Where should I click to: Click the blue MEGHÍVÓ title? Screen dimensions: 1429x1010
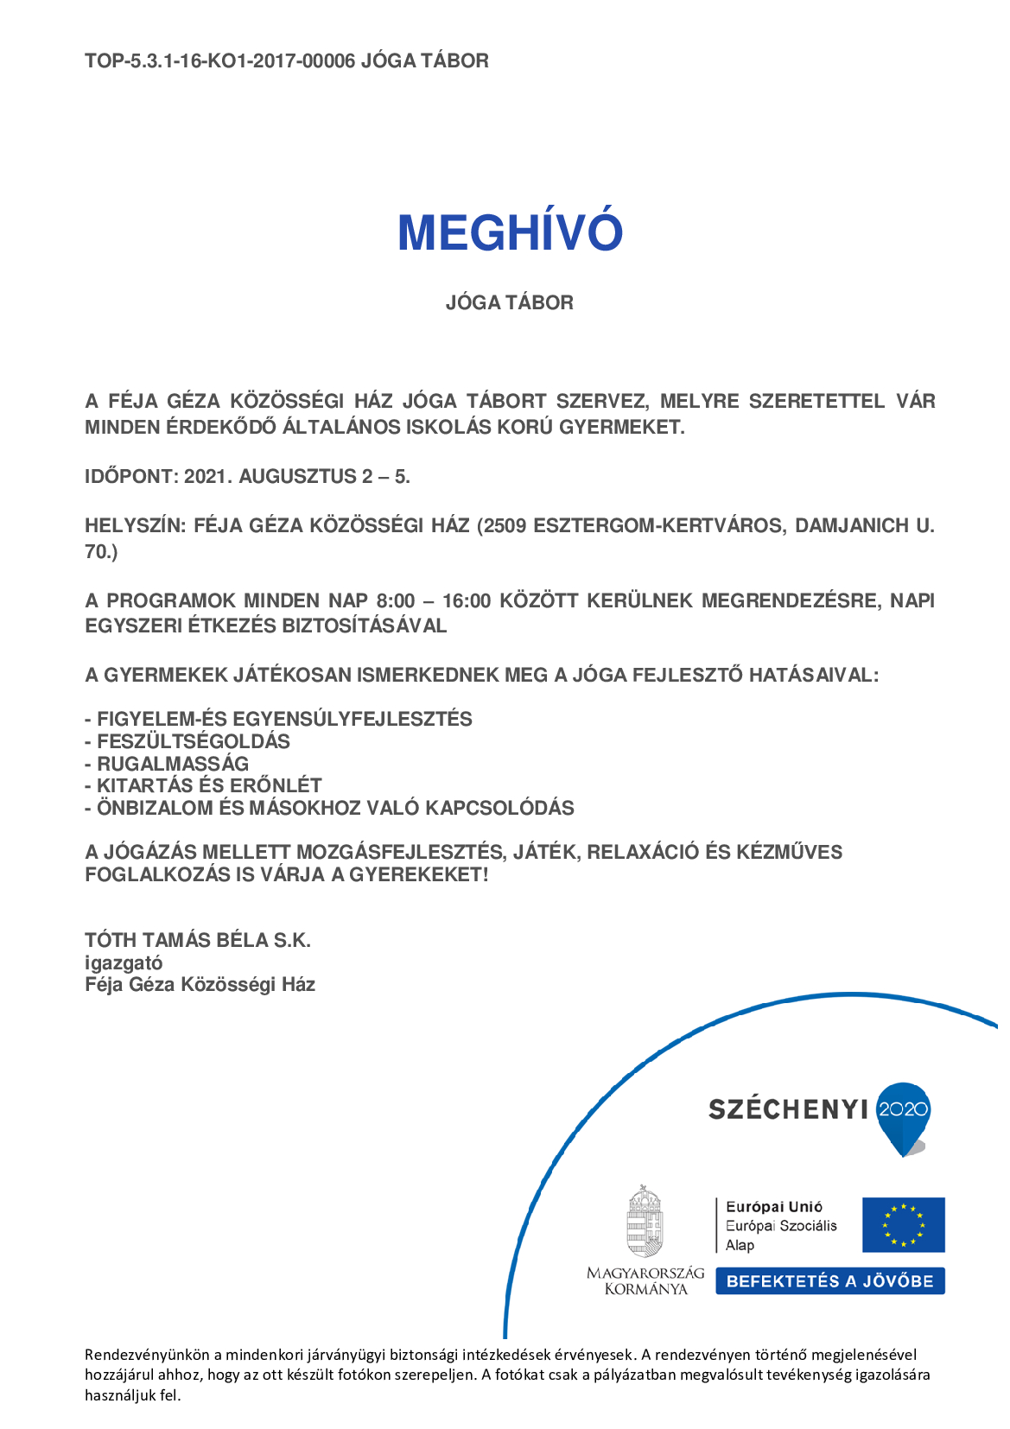pyautogui.click(x=510, y=232)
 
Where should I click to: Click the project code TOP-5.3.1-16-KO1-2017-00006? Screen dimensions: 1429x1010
pyautogui.click(x=219, y=60)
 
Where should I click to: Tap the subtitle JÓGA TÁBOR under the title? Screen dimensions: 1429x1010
pyautogui.click(x=509, y=302)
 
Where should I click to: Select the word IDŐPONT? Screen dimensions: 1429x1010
pyautogui.click(x=130, y=476)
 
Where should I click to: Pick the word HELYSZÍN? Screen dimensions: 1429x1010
pyautogui.click(x=134, y=525)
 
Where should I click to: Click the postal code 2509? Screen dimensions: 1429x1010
pyautogui.click(x=505, y=525)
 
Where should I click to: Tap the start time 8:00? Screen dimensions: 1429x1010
pyautogui.click(x=396, y=600)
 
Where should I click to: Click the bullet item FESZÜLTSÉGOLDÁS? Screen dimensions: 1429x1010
pyautogui.click(x=193, y=741)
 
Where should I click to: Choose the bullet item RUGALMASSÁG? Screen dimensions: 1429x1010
pyautogui.click(x=172, y=764)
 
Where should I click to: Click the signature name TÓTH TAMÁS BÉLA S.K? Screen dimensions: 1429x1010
pyautogui.click(x=198, y=940)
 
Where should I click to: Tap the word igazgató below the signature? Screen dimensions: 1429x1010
pyautogui.click(x=124, y=962)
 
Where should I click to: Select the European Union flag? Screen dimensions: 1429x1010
pyautogui.click(x=903, y=1224)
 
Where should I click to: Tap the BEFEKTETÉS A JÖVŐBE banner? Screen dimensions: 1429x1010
pyautogui.click(x=829, y=1281)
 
